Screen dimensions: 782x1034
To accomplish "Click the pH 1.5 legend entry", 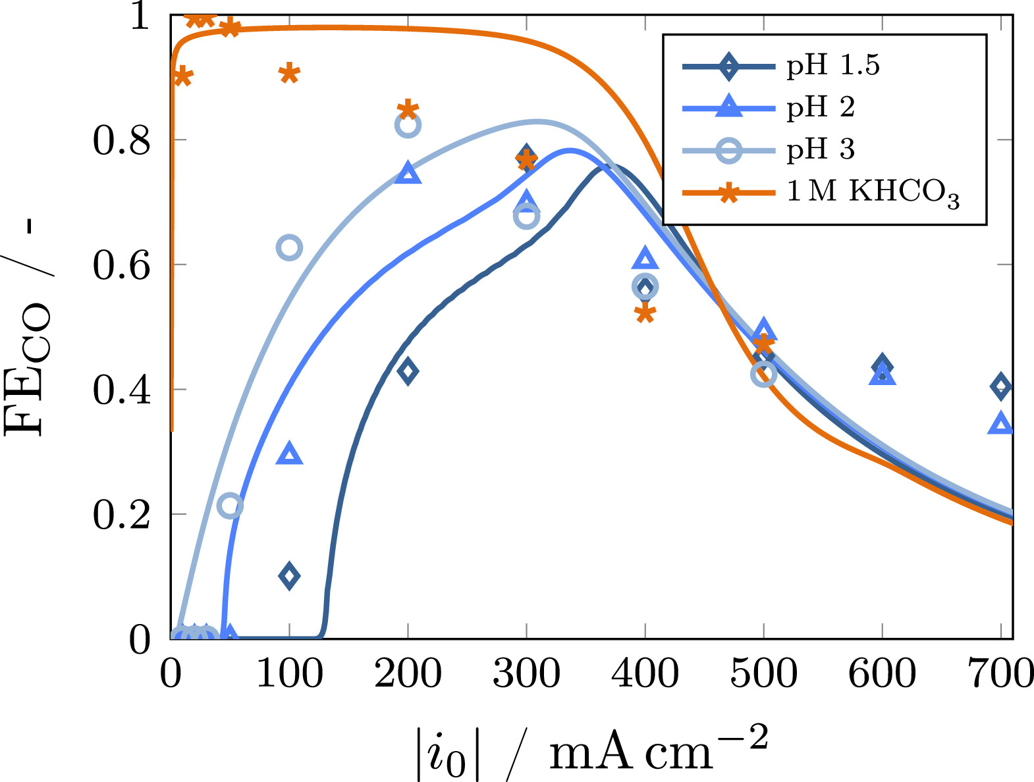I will point(832,65).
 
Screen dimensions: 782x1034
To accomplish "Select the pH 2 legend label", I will point(820,107).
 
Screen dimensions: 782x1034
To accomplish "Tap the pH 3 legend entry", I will point(820,149).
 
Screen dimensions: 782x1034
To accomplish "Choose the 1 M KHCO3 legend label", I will point(873,192).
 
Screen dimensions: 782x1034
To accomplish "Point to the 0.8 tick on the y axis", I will point(121,140).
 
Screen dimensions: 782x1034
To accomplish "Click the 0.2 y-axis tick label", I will point(121,514).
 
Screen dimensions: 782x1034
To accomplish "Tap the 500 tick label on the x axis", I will point(763,673).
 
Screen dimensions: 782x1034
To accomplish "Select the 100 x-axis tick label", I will point(289,673).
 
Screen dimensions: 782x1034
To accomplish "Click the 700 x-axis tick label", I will point(1000,673).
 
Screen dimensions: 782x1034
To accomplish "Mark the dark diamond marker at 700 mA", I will point(1000,386).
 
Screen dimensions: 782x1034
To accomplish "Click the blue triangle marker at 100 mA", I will point(289,454).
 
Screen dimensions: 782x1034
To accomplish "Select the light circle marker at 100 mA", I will point(289,248).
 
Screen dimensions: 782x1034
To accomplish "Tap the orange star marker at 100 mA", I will point(289,73).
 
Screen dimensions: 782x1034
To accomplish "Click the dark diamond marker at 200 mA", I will point(408,371).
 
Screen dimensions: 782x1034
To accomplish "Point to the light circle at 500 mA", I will point(763,374).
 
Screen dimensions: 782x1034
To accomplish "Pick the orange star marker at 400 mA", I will point(645,313).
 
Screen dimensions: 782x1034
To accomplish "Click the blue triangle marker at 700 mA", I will point(1000,424).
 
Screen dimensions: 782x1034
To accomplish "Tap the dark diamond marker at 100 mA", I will point(289,576).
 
